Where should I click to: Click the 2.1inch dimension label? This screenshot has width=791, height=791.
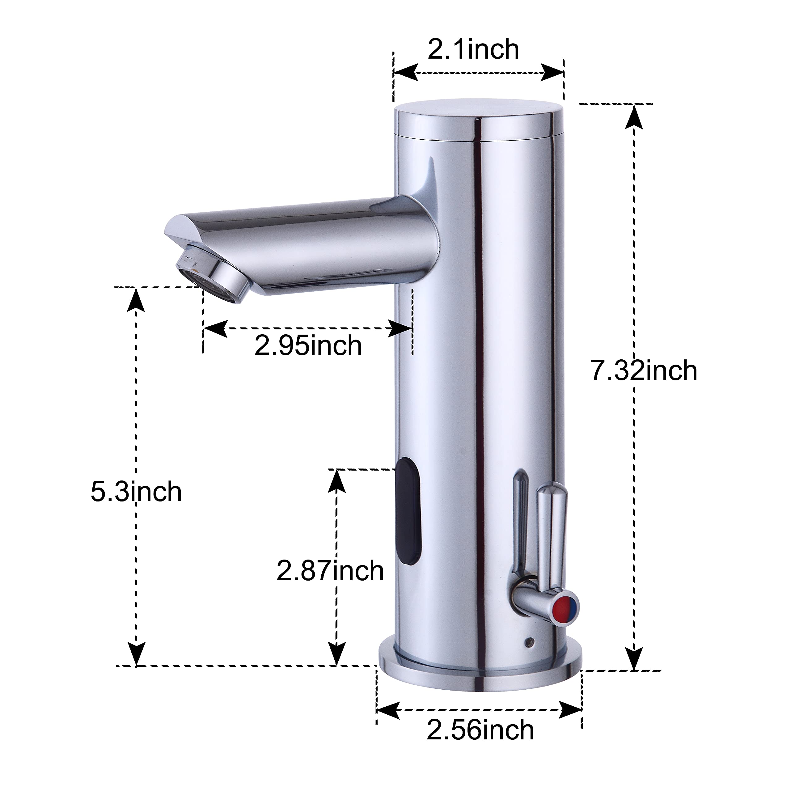(x=473, y=49)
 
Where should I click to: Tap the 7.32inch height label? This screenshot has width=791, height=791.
(x=644, y=370)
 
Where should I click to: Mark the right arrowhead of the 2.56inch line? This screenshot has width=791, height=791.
(x=570, y=709)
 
